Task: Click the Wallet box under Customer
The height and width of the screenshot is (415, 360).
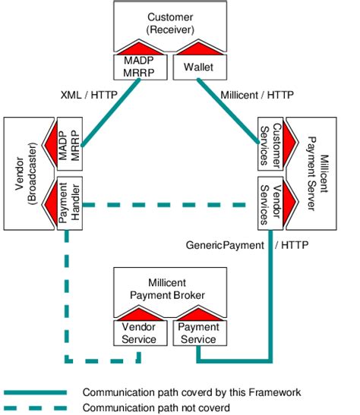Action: [196, 68]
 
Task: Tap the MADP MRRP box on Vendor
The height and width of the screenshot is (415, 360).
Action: [68, 143]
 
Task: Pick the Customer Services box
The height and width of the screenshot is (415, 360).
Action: [271, 143]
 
